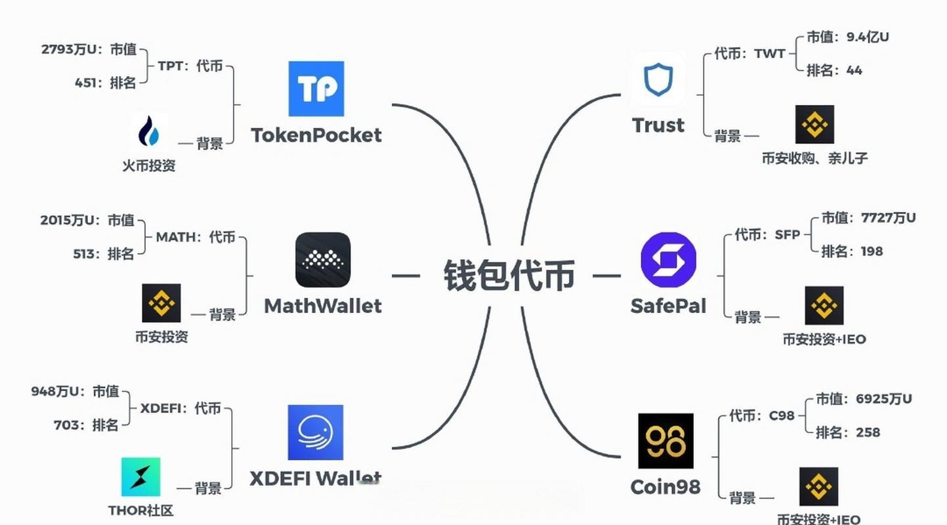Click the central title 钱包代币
click(x=509, y=276)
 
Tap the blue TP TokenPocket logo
click(x=316, y=89)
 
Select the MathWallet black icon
click(x=323, y=260)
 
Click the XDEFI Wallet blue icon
click(x=316, y=432)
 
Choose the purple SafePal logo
click(x=668, y=259)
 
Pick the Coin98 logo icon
click(x=665, y=440)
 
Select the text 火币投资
click(x=149, y=165)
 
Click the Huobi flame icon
click(x=148, y=131)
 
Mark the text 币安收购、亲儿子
click(x=814, y=158)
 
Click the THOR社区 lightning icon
click(x=140, y=477)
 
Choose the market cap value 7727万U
click(x=888, y=217)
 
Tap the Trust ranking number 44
click(x=854, y=70)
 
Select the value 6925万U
click(x=883, y=398)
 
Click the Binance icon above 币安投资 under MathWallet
click(x=161, y=303)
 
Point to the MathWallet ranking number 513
click(x=85, y=254)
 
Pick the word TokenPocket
click(x=316, y=135)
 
